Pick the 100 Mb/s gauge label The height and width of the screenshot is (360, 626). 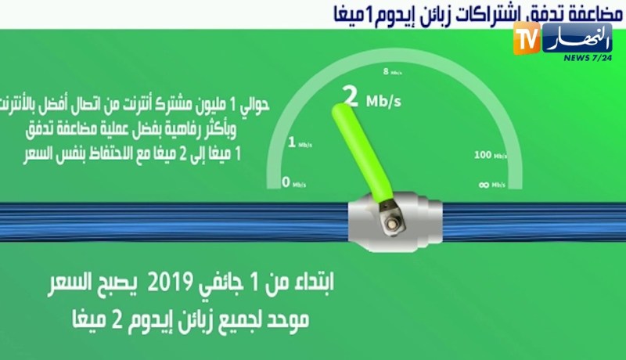489,155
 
